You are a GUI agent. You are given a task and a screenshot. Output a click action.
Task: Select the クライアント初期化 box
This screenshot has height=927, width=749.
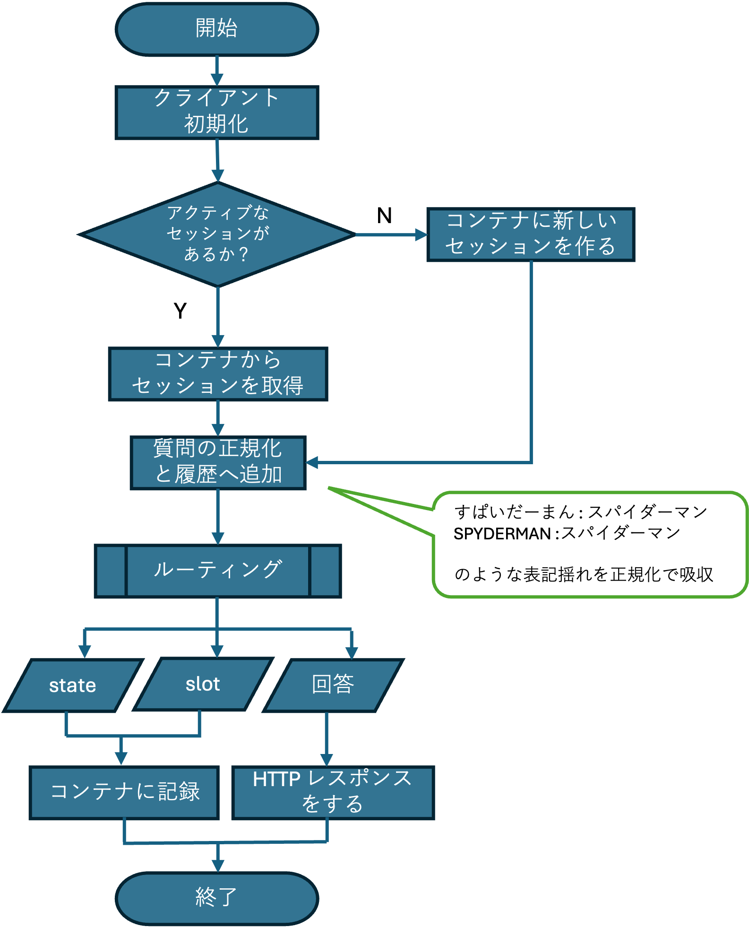click(x=217, y=113)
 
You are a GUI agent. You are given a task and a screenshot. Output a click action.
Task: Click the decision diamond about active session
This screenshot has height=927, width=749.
click(x=217, y=234)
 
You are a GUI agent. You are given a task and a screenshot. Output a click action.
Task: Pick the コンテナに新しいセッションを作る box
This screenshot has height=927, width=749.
click(x=530, y=234)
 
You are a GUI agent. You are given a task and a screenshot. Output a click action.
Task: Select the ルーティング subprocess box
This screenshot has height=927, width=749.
click(x=218, y=571)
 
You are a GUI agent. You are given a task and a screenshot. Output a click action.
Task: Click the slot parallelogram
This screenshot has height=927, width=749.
click(x=203, y=684)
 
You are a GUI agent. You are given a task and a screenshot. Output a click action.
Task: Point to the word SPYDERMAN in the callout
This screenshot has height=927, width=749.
click(x=502, y=534)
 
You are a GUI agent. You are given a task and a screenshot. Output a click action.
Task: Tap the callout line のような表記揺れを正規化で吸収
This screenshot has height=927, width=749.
click(x=583, y=575)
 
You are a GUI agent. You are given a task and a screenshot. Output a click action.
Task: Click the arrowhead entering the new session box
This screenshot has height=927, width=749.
click(x=421, y=234)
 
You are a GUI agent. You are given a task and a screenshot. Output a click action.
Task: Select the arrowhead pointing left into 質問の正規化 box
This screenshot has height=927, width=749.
click(x=312, y=463)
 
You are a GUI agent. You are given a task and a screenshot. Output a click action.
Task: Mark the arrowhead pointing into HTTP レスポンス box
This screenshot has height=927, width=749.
click(x=327, y=760)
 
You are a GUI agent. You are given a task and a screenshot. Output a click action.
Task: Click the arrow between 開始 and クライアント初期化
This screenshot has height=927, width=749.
click(x=217, y=71)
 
